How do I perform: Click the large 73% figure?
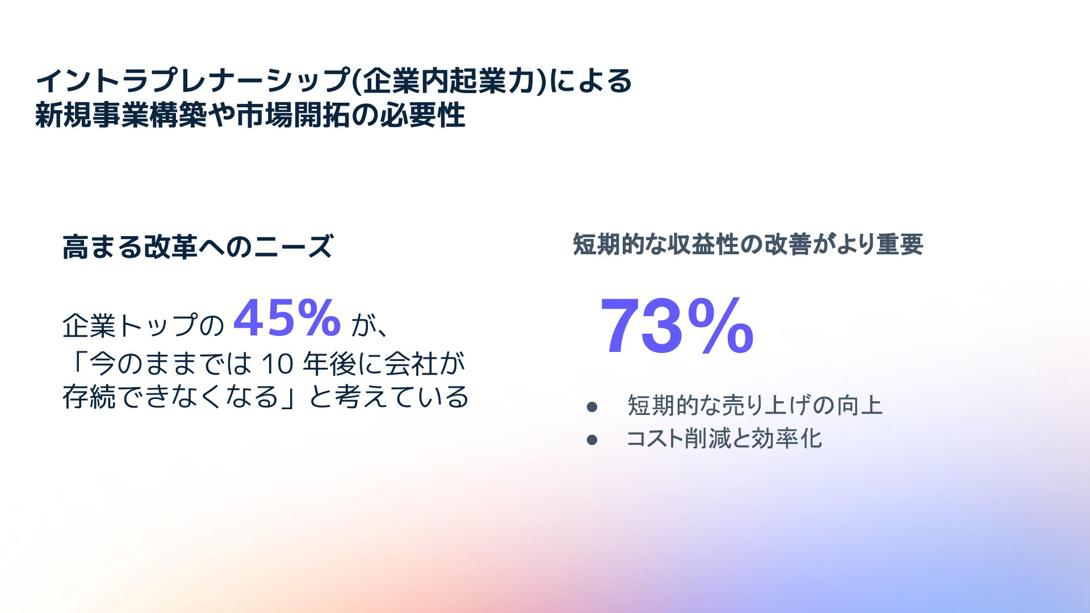[x=677, y=326]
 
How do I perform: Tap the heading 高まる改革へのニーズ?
[x=197, y=247]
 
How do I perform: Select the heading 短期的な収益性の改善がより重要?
[x=748, y=245]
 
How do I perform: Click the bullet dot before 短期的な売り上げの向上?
[x=592, y=407]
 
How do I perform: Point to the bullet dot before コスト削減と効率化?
[x=592, y=440]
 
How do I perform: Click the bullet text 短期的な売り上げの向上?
[x=754, y=405]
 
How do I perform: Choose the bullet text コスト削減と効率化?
[x=724, y=439]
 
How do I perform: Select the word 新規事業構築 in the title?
[x=121, y=115]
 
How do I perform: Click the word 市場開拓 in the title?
[x=293, y=115]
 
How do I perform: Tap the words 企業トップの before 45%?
[x=144, y=326]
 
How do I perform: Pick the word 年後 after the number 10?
[x=329, y=364]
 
